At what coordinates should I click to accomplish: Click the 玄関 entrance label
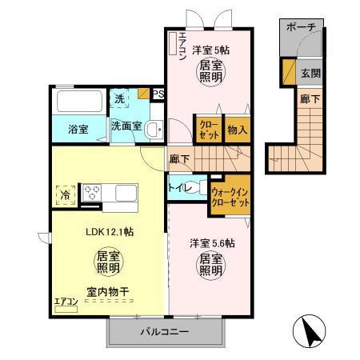310,72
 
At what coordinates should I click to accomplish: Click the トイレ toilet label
178,188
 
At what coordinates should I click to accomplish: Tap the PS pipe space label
158,94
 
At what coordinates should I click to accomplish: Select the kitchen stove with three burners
93,193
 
